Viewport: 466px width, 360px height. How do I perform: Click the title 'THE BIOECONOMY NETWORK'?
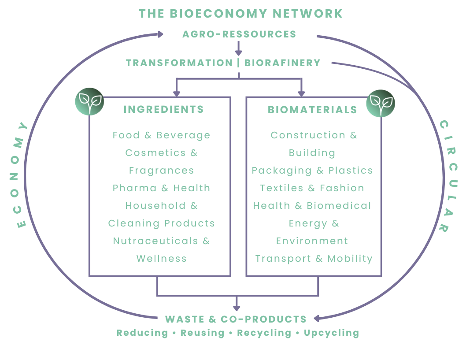click(x=240, y=14)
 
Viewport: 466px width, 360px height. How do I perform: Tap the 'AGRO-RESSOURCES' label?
click(x=239, y=34)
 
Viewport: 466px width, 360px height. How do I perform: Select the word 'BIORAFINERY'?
click(x=282, y=63)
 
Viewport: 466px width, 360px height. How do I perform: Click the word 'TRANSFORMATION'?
click(x=179, y=63)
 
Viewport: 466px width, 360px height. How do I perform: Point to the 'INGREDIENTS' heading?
click(x=163, y=109)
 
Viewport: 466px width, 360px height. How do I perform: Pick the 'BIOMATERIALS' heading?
click(x=312, y=110)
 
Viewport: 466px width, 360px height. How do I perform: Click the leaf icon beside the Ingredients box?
click(x=89, y=102)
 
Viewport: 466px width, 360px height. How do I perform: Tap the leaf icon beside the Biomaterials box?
click(x=381, y=103)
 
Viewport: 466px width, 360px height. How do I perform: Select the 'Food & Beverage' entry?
click(x=161, y=135)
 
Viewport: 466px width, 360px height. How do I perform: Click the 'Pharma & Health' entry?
click(x=161, y=188)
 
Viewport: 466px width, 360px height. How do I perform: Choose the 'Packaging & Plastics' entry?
click(x=312, y=171)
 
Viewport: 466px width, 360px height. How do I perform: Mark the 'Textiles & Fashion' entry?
click(x=312, y=188)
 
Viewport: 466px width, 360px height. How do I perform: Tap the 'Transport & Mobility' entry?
click(x=314, y=259)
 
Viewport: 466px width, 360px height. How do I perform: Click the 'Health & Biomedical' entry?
click(x=312, y=206)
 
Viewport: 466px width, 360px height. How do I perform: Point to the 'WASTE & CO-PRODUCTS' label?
click(x=236, y=319)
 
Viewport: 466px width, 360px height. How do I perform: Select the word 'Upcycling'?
click(x=331, y=333)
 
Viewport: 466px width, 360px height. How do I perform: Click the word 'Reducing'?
click(x=142, y=333)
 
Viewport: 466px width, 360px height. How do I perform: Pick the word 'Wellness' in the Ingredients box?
click(x=161, y=259)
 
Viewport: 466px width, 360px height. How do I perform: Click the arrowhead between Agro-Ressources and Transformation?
click(x=238, y=53)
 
